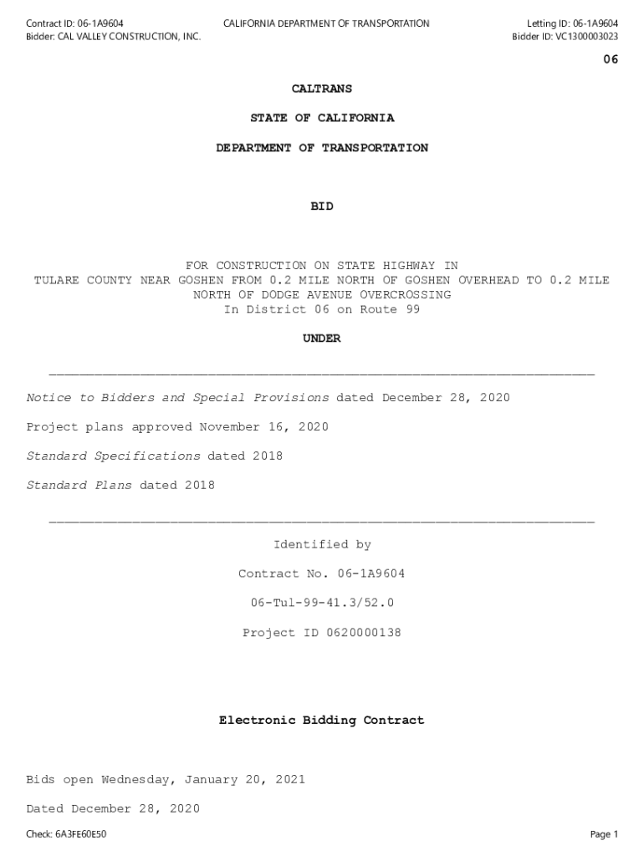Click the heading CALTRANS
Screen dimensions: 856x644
pos(322,89)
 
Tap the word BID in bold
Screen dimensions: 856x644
pos(322,206)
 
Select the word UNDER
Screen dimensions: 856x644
pos(322,339)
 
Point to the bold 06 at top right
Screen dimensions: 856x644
pos(611,59)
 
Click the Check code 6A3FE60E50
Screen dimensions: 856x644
pos(80,834)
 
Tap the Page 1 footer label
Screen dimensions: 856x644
pos(604,834)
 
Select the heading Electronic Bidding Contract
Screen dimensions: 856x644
pos(322,721)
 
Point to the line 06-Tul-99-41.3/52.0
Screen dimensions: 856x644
pos(322,604)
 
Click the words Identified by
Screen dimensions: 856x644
pos(322,545)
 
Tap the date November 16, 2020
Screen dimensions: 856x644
pos(263,427)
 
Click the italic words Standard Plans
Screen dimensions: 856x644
pos(79,486)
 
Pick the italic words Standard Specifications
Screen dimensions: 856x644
pos(114,456)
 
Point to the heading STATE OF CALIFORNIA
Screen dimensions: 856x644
pos(322,119)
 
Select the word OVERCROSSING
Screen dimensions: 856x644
pos(406,295)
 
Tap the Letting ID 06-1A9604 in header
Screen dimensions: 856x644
pos(591,23)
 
